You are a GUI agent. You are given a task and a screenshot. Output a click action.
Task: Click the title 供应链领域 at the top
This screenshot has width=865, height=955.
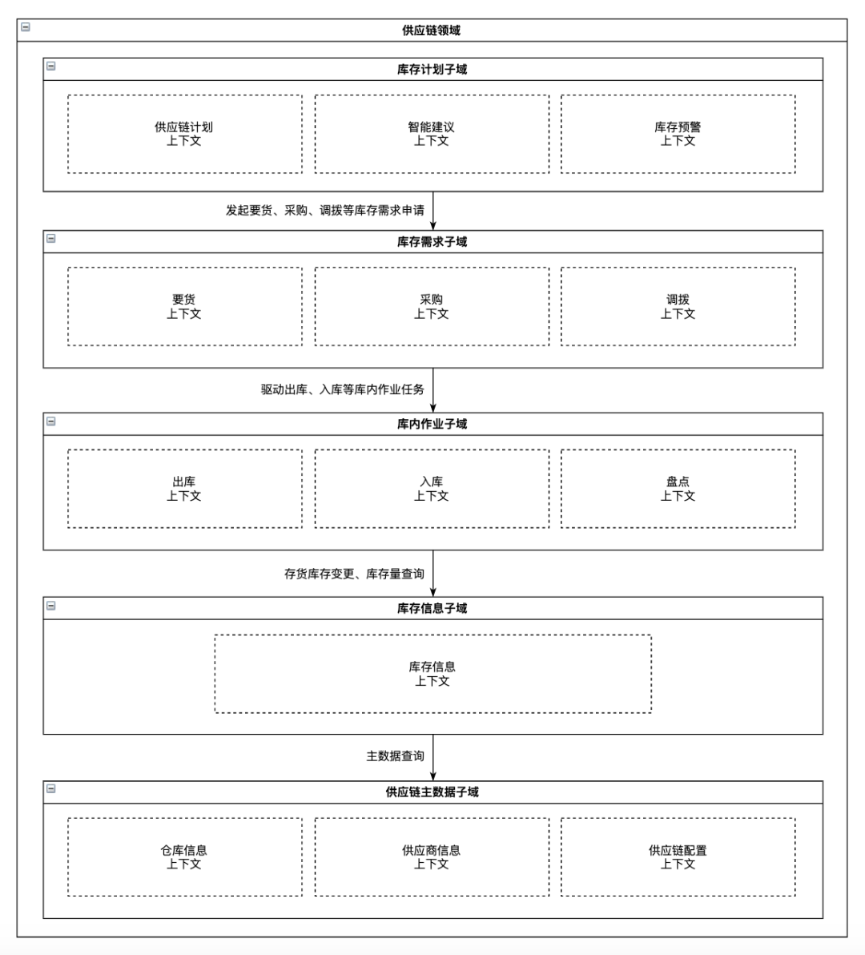tap(431, 30)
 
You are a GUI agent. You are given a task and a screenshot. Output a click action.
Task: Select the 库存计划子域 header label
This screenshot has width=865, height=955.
tap(432, 70)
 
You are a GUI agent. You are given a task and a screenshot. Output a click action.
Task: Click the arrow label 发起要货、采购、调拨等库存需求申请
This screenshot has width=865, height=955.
tap(325, 210)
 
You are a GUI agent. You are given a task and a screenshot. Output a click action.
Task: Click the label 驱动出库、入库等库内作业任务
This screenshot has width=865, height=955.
tap(343, 389)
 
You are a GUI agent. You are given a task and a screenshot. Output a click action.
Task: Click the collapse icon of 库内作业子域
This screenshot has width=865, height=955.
tap(51, 421)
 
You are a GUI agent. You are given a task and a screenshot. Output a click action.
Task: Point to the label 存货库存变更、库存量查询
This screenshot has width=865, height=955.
tap(354, 574)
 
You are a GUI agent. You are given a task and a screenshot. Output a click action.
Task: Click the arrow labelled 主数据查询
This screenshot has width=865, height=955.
tap(433, 757)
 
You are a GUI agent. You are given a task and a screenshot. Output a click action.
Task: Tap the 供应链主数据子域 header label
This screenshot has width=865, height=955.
tap(432, 792)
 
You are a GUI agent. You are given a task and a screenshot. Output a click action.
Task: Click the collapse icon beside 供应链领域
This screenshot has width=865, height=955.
tap(26, 26)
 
